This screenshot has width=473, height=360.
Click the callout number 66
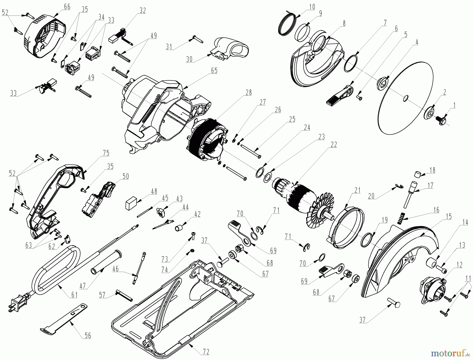pyautogui.click(x=67, y=7)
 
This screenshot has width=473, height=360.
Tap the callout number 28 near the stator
pyautogui.click(x=249, y=92)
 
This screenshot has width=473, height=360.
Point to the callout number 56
pyautogui.click(x=88, y=335)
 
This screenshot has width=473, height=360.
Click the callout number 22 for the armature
pyautogui.click(x=334, y=145)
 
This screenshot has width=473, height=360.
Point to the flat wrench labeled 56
pyautogui.click(x=64, y=320)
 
